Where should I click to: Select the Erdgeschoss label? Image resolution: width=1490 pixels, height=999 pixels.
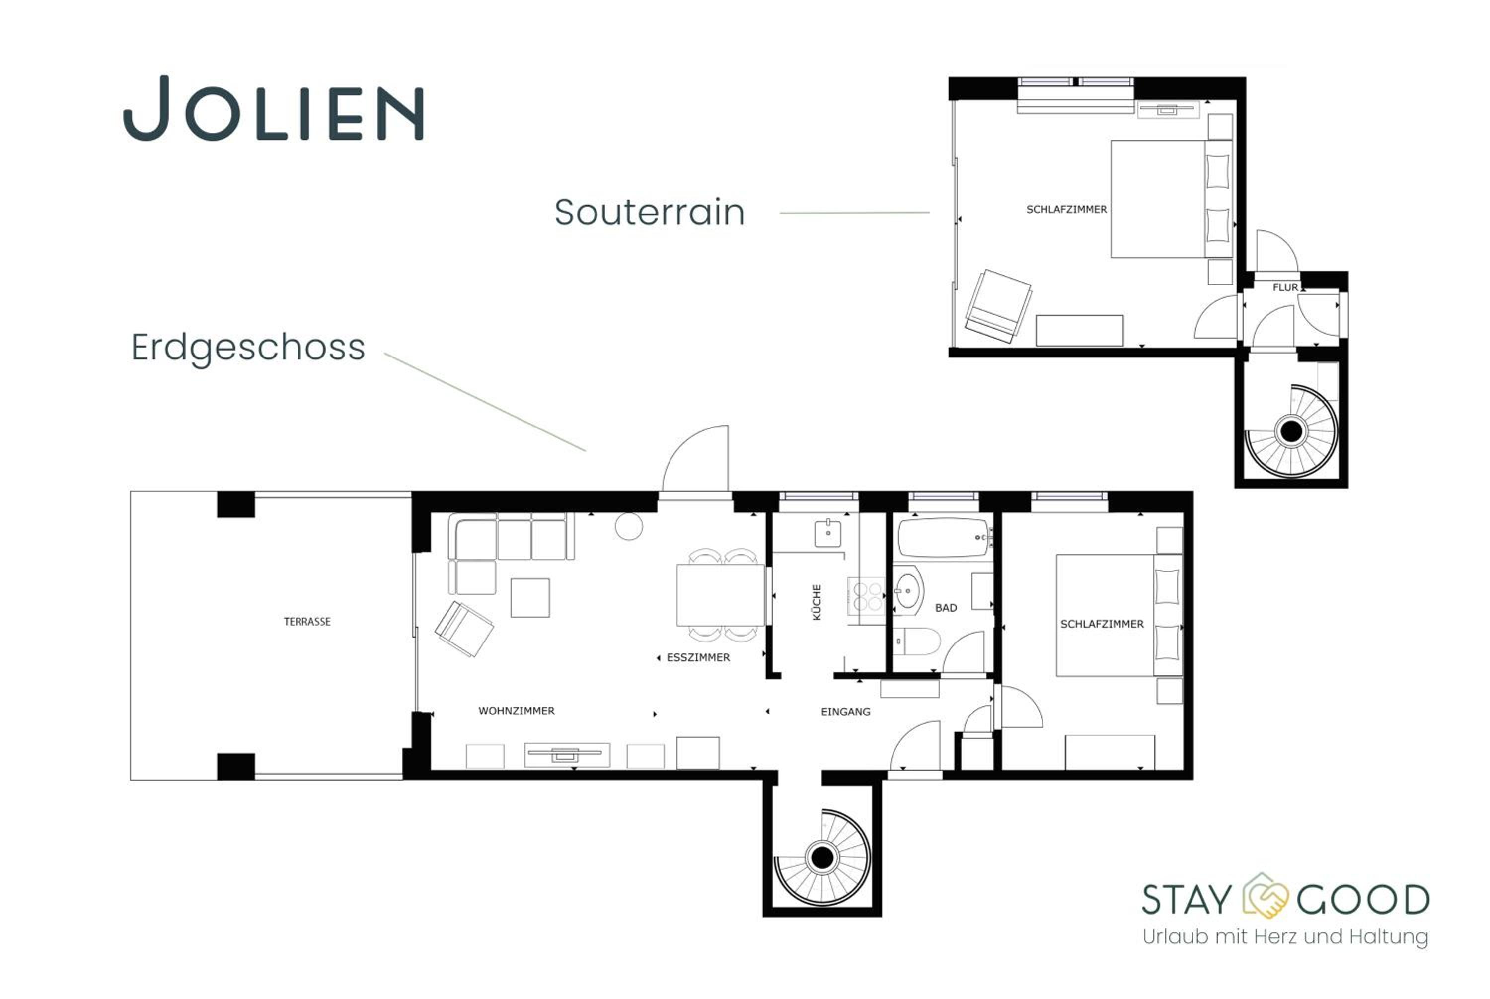tap(248, 348)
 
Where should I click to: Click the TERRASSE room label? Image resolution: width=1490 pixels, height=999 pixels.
tap(307, 622)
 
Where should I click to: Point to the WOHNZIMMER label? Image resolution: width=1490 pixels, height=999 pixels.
tap(516, 711)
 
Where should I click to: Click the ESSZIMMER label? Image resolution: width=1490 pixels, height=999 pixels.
tap(698, 657)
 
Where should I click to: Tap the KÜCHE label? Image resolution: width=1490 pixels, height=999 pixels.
tap(817, 602)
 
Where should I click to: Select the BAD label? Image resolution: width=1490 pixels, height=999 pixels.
tap(946, 608)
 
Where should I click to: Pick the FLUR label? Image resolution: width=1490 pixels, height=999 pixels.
tap(1285, 287)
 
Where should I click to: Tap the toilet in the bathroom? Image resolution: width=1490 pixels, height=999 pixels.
tap(916, 642)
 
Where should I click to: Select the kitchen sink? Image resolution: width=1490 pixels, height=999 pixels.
tap(828, 534)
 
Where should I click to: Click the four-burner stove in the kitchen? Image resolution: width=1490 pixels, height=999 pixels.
tap(866, 596)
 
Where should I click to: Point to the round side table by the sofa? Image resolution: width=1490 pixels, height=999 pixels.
tap(629, 526)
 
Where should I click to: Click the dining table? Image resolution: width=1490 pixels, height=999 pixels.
tap(720, 595)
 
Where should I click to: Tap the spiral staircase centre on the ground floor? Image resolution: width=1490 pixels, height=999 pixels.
tap(821, 857)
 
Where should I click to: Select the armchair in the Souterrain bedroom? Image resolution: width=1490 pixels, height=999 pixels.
tap(998, 306)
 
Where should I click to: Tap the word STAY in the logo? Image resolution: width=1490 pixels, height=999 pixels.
tap(1186, 900)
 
